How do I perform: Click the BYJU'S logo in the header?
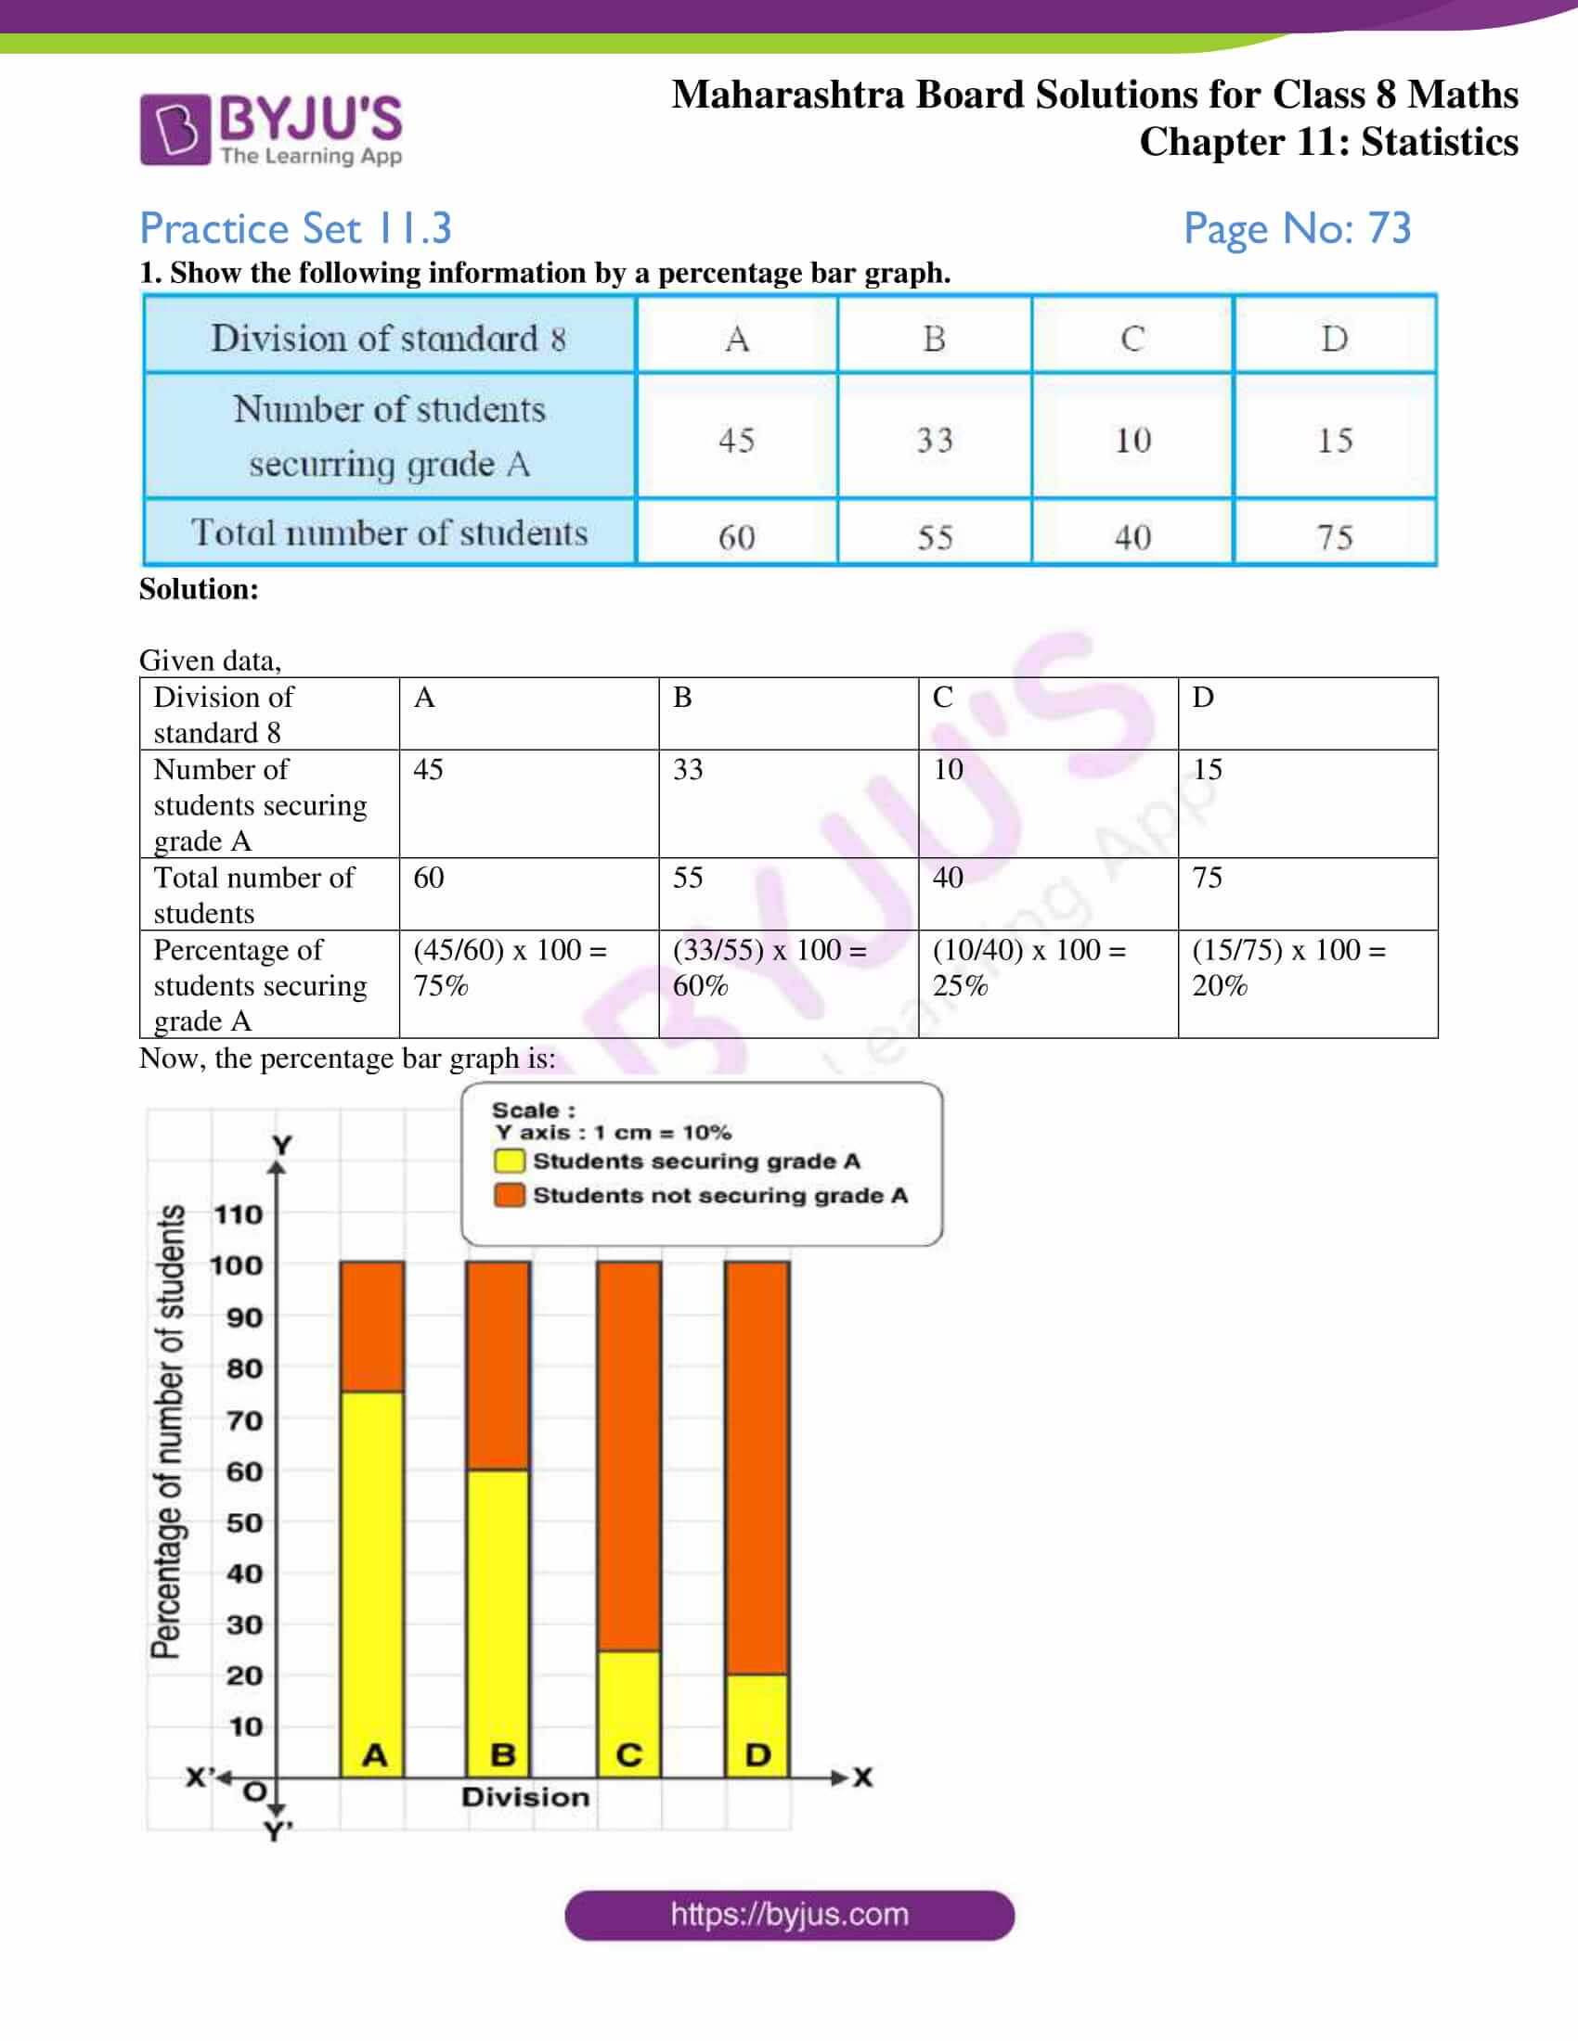pos(271,129)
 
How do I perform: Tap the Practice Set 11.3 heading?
pos(295,228)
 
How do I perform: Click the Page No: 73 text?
pos(1297,228)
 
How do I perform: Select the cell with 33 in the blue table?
pos(934,439)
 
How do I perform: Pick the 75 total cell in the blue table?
pos(1334,536)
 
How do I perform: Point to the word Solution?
pos(200,589)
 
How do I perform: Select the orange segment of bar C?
pos(629,1453)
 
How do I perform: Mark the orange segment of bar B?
pos(498,1365)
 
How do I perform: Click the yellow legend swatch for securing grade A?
pos(510,1161)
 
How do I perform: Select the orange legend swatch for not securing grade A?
pos(510,1195)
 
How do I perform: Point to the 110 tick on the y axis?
pos(239,1215)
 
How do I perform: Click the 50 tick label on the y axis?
pos(245,1522)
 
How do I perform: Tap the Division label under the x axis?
pos(525,1796)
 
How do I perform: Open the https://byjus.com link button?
pos(789,1915)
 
